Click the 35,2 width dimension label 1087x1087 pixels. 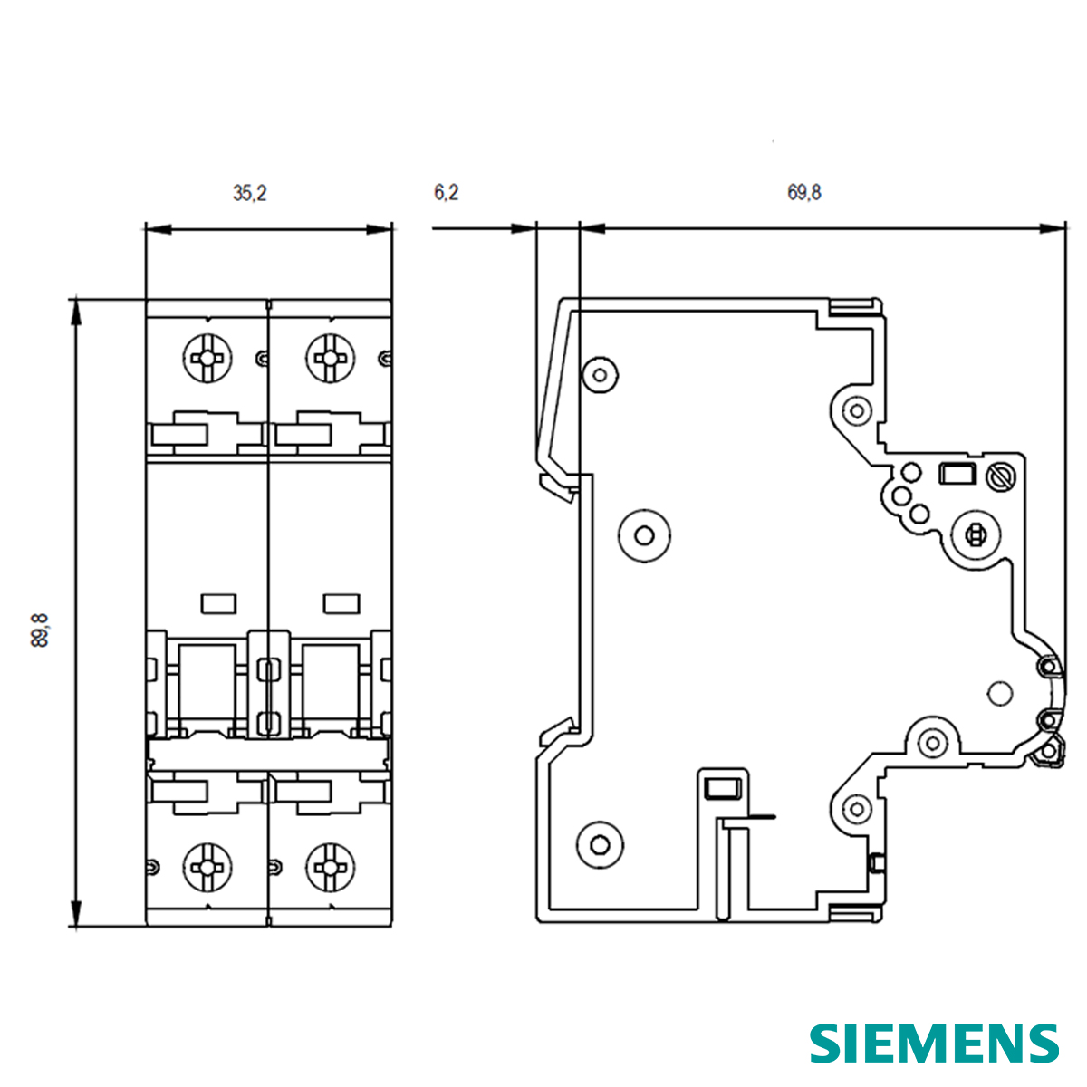click(250, 193)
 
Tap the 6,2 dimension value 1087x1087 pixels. click(446, 193)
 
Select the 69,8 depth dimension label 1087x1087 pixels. click(804, 193)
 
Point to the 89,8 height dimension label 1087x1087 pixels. click(40, 630)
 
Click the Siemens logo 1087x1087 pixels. click(934, 1043)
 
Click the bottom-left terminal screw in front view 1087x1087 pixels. click(208, 866)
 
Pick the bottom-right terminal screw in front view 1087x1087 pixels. click(332, 866)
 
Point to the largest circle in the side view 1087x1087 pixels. click(644, 535)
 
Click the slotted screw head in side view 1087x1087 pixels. click(1002, 476)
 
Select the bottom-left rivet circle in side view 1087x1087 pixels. click(600, 844)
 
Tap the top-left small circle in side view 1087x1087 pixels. click(598, 373)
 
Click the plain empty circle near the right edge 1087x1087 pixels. click(998, 693)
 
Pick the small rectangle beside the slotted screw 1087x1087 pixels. click(957, 475)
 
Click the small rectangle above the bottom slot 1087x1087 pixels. click(722, 788)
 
